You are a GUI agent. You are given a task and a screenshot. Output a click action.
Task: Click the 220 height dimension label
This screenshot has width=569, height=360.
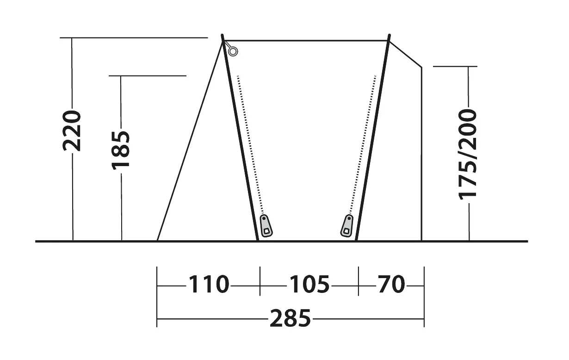tap(72, 131)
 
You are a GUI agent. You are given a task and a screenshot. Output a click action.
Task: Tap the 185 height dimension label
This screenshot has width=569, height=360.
tap(121, 150)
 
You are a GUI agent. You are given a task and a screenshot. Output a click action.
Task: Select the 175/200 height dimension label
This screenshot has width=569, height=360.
tap(468, 155)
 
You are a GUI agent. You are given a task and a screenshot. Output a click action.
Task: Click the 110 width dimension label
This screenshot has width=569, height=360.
tap(209, 284)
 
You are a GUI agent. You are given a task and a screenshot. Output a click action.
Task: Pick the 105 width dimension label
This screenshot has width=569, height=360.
tap(309, 284)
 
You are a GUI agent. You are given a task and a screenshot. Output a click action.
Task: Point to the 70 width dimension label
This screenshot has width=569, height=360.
tap(391, 284)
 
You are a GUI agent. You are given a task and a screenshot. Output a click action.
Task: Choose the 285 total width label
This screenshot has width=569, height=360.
tap(291, 318)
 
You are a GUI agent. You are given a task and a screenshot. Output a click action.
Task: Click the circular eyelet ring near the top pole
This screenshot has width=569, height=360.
tap(233, 51)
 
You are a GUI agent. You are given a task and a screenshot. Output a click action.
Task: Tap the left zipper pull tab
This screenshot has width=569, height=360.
tap(266, 226)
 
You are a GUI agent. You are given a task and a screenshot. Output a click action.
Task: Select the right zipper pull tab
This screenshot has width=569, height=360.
tap(347, 226)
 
